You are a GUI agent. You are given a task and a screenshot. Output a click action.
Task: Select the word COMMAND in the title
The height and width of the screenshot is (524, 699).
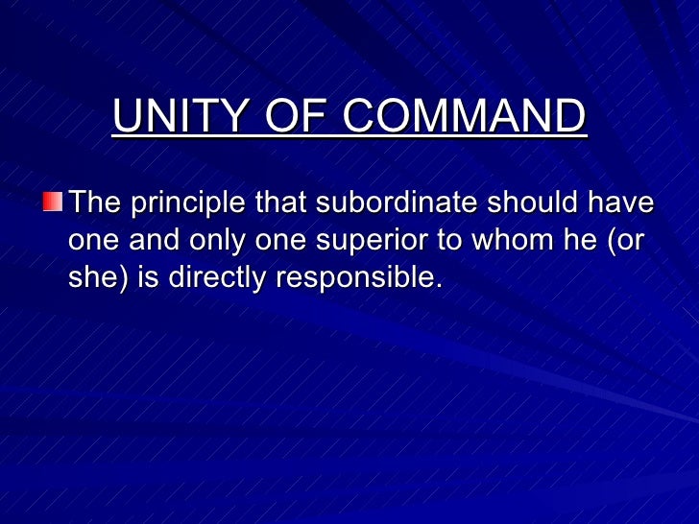[465, 118]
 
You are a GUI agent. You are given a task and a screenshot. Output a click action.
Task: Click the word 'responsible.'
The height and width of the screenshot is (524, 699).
[360, 278]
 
